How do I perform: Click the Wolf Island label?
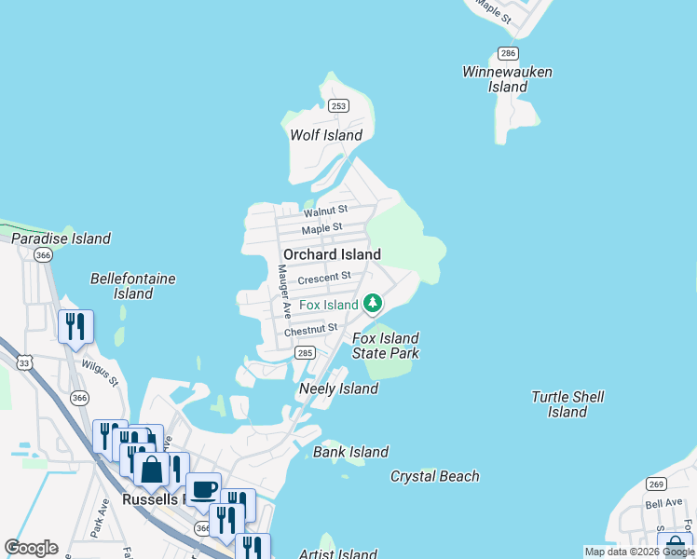pos(325,135)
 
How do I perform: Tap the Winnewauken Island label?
pos(508,79)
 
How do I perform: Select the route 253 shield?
pos(338,106)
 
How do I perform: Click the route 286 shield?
pos(508,53)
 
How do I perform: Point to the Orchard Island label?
pos(332,254)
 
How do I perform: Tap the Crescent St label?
pos(325,277)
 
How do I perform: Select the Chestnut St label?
pos(310,330)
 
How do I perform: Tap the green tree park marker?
pos(373,303)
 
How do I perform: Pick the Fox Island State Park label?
pos(385,346)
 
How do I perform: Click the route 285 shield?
pos(305,353)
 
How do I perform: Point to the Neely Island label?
pos(338,389)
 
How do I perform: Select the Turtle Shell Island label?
pos(567,404)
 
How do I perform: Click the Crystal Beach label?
pos(434,476)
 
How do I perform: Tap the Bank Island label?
pos(350,452)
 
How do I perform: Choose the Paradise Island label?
pos(61,239)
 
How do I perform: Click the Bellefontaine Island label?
pos(132,286)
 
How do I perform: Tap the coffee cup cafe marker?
pos(203,489)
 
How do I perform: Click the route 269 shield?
pos(656,484)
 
